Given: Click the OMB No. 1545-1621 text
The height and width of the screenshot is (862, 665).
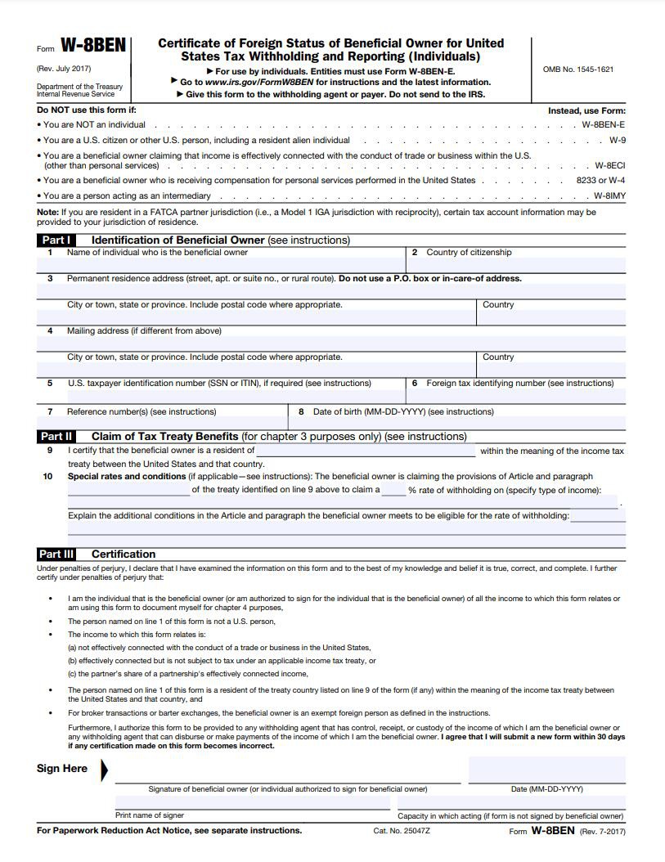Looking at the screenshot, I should click(x=577, y=70).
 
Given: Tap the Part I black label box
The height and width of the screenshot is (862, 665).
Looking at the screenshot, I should click(x=56, y=240).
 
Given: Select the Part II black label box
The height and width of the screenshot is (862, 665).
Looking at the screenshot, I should click(x=56, y=437).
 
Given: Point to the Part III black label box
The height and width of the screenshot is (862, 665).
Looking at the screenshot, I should click(x=56, y=554).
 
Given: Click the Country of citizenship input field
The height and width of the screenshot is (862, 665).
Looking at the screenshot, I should click(x=516, y=265).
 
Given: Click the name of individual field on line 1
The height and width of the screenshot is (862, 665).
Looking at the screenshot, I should click(x=221, y=265).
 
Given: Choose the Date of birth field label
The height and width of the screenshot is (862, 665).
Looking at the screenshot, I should click(x=403, y=412).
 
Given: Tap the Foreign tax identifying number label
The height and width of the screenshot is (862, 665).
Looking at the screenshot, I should click(x=519, y=384).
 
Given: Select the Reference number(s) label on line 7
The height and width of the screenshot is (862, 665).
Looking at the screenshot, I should click(x=141, y=412).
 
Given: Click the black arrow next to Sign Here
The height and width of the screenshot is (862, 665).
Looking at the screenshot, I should click(x=104, y=770).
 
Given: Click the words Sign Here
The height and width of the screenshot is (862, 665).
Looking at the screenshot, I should click(x=62, y=769).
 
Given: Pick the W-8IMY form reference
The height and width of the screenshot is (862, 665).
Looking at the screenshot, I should click(x=609, y=196).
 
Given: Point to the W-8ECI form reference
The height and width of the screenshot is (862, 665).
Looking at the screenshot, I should click(x=609, y=165).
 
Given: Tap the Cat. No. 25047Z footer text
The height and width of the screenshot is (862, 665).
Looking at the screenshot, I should click(x=402, y=831).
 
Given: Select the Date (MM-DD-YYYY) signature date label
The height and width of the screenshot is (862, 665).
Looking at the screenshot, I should click(x=546, y=789).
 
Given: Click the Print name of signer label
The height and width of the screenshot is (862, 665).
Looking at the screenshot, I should click(x=150, y=815).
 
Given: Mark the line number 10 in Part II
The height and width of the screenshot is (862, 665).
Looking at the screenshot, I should click(x=48, y=477).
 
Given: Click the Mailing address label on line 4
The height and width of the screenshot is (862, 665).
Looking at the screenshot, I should click(x=144, y=331).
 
